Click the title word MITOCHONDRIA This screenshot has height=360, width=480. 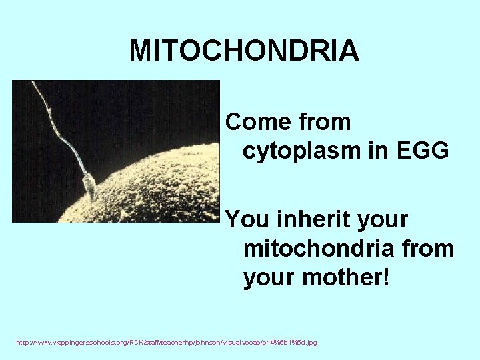pos(244,51)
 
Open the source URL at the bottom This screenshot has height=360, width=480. pos(167,342)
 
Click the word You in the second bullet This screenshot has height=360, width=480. pos(245,219)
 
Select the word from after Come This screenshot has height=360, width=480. pos(325,122)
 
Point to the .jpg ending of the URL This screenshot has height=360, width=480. pos(311,342)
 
